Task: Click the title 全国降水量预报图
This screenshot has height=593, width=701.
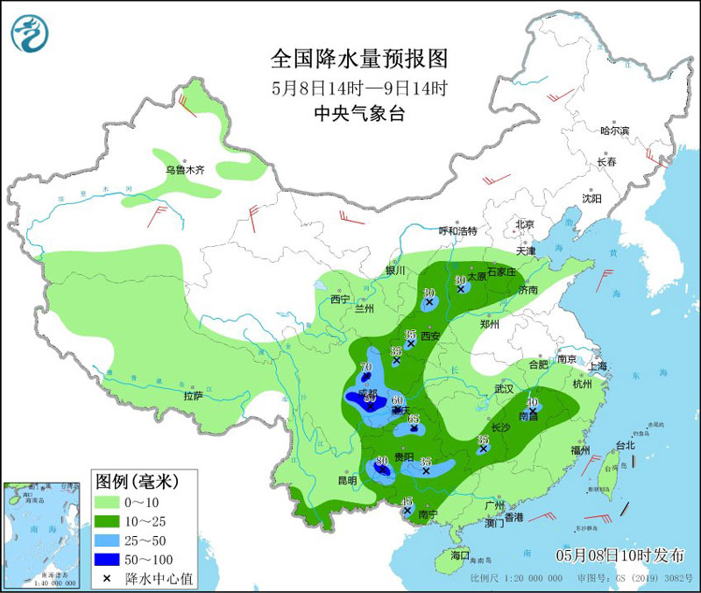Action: (359, 59)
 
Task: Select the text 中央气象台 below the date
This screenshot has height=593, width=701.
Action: (359, 113)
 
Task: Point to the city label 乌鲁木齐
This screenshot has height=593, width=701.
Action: (185, 170)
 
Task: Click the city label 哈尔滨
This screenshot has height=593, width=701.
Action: (614, 131)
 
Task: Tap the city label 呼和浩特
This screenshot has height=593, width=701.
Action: (457, 231)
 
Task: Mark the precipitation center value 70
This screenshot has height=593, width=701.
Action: (366, 367)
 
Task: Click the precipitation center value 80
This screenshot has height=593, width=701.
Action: (381, 461)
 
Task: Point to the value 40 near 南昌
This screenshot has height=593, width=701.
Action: (532, 402)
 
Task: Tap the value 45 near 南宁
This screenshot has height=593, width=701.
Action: (407, 500)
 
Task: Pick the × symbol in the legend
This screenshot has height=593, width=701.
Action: (107, 578)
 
